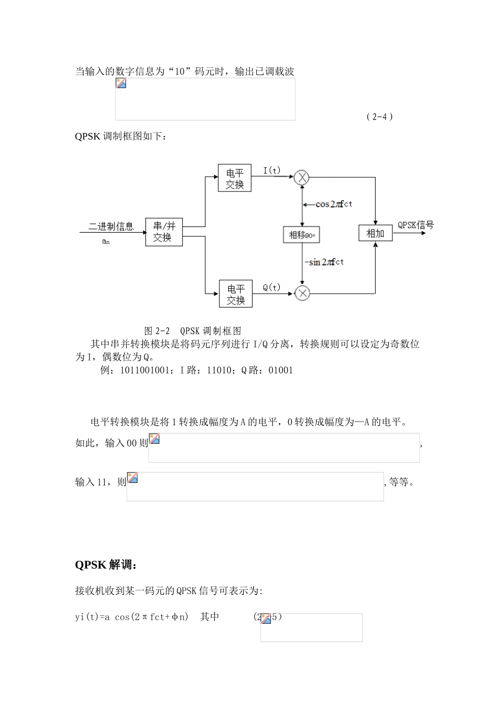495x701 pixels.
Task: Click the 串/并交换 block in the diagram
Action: [x=164, y=232]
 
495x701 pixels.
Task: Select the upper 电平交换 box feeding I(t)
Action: [x=234, y=178]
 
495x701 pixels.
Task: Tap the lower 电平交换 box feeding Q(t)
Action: [x=236, y=294]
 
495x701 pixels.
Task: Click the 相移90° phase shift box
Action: [x=302, y=235]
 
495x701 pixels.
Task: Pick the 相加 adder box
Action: [x=375, y=233]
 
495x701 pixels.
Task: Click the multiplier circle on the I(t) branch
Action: [x=302, y=178]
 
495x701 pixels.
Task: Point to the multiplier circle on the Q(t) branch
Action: [x=302, y=293]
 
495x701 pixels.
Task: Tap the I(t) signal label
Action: [x=271, y=171]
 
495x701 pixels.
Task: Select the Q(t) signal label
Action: [x=271, y=287]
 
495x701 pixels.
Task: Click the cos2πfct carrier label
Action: [x=333, y=204]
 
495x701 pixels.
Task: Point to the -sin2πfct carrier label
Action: [x=324, y=262]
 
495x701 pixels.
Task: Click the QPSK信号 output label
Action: [x=415, y=225]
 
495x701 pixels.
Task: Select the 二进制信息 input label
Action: [x=111, y=226]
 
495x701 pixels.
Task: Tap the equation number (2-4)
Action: [x=379, y=116]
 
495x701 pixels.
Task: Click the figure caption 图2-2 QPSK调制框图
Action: [x=193, y=331]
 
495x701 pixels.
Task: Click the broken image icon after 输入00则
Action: [x=154, y=439]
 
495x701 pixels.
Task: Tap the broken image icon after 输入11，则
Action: [x=132, y=478]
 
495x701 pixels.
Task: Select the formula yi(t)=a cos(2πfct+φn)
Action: [x=132, y=617]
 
